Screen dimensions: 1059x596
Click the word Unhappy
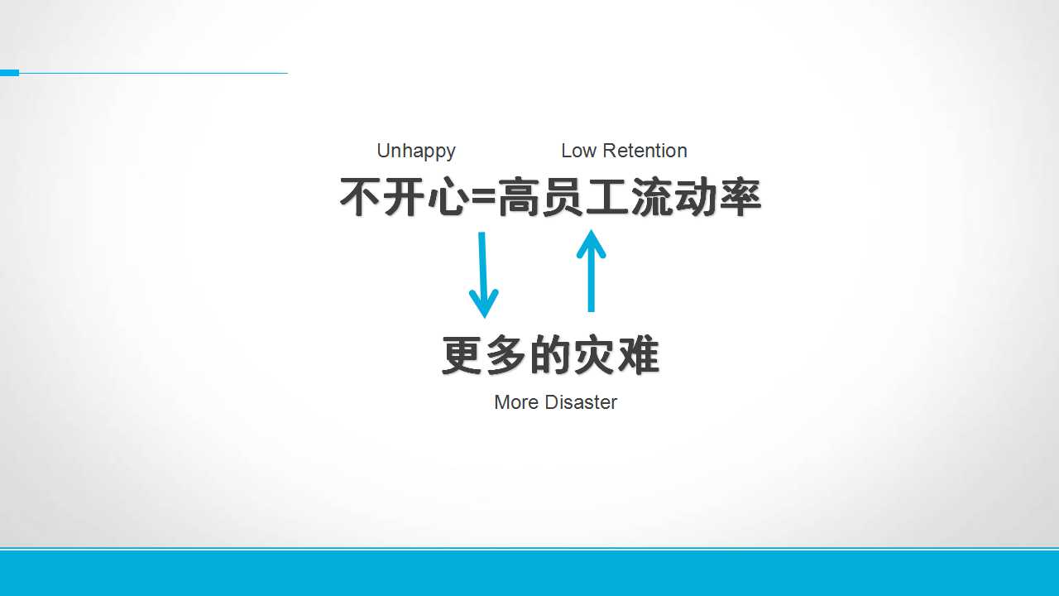[416, 151]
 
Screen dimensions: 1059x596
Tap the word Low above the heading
[578, 151]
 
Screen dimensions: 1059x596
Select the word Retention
[645, 151]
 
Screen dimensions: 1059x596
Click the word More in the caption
[516, 402]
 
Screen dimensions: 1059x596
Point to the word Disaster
[581, 402]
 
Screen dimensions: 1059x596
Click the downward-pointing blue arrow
[483, 275]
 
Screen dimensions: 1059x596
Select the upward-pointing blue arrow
[591, 271]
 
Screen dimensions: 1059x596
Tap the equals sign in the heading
[483, 198]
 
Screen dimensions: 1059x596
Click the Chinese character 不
[360, 197]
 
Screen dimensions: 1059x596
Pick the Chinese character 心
[448, 197]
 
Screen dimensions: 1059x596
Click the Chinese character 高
[519, 197]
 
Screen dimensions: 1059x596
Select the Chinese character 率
[740, 197]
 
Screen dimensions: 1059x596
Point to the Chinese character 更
[462, 355]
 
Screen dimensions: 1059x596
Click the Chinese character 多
[506, 355]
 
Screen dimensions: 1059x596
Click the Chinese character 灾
[594, 355]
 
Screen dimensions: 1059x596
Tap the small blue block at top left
[9, 73]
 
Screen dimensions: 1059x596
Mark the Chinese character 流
[651, 197]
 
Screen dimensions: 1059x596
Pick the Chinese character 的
[550, 355]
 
